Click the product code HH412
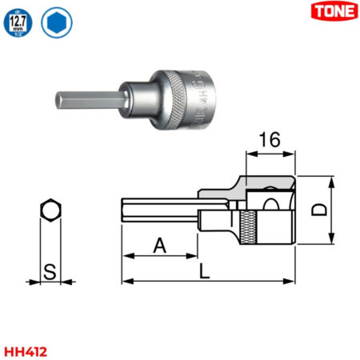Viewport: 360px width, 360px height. [24, 350]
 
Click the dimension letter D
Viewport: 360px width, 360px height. [318, 210]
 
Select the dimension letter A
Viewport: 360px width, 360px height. [159, 246]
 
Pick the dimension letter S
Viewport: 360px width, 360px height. [50, 272]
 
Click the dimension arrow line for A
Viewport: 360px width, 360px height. [159, 257]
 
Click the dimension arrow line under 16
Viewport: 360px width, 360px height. [270, 154]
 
